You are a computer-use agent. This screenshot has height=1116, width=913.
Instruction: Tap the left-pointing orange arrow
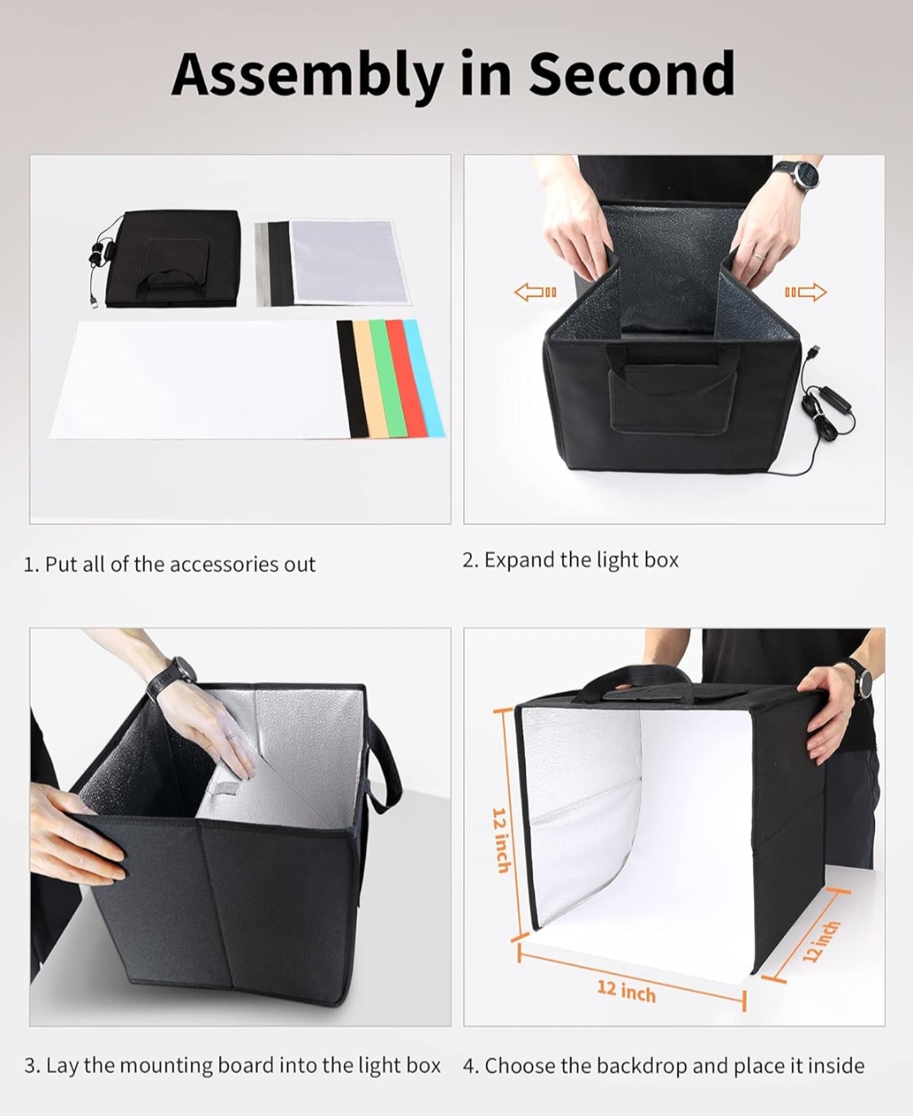pyautogui.click(x=535, y=293)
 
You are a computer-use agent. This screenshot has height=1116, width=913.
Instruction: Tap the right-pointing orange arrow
pyautogui.click(x=806, y=293)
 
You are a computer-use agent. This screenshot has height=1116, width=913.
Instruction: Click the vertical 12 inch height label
pyautogui.click(x=501, y=840)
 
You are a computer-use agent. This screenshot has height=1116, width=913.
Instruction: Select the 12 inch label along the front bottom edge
pyautogui.click(x=626, y=990)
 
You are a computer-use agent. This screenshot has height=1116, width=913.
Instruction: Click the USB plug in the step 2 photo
pyautogui.click(x=813, y=350)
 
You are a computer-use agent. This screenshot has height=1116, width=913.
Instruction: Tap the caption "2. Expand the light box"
pyautogui.click(x=570, y=560)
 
